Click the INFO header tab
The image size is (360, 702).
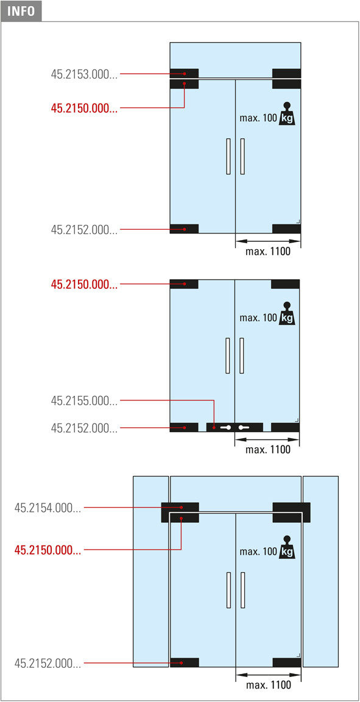tap(21, 11)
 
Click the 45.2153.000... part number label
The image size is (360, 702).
tap(84, 74)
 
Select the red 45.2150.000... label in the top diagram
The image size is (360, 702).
tap(84, 108)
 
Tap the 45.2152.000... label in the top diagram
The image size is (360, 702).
tap(84, 230)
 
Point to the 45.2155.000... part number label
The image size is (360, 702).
tap(84, 401)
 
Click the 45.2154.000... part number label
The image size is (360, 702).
tap(48, 508)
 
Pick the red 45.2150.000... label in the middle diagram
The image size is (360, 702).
tap(84, 284)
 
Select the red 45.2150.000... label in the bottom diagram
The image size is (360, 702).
tap(48, 550)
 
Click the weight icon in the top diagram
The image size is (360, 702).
tap(288, 114)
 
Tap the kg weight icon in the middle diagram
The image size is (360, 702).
tap(288, 313)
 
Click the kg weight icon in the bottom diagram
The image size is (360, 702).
tap(288, 547)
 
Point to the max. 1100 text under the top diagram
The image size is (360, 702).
tap(268, 252)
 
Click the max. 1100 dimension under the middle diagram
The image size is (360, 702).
tap(268, 450)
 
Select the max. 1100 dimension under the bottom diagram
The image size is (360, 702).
tap(268, 685)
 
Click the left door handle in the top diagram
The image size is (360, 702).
tap(229, 156)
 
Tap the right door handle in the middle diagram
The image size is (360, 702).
tap(242, 355)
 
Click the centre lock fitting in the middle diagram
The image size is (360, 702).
tap(235, 428)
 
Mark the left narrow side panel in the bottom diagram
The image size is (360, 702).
tap(151, 572)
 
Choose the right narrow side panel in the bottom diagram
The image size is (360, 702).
tap(320, 572)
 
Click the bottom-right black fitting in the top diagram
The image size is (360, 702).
tap(286, 229)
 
